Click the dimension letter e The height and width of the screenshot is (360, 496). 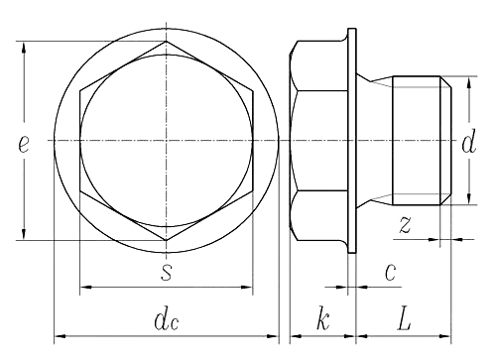point(24,144)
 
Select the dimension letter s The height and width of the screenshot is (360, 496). point(167,272)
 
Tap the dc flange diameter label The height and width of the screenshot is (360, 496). point(167,320)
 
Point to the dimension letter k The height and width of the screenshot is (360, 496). point(322,318)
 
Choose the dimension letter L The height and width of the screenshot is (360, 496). point(404,319)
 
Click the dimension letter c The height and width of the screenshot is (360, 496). point(391,272)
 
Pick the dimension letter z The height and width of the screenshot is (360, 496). point(405,224)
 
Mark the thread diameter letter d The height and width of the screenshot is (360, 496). point(469,142)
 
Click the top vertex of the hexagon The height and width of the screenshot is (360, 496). point(166,42)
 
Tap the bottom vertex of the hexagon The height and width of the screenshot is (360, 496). point(166,240)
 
